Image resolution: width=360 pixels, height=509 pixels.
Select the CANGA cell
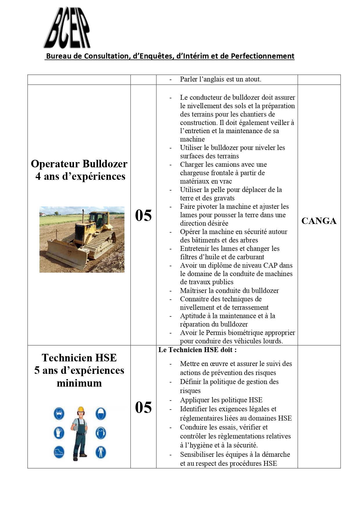coord(319,221)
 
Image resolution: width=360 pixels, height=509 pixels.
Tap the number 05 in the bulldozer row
coord(143,215)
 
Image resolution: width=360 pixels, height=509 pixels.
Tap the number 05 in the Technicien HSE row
coord(143,407)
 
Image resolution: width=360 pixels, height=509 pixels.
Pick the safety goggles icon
coord(59,414)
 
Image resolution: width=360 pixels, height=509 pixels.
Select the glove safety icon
coord(59,433)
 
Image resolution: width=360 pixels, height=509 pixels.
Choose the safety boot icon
coord(59,452)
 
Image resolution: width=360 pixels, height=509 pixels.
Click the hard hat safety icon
coord(101,414)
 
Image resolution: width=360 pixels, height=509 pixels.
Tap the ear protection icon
coord(101,433)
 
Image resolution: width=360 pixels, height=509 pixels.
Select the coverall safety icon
coord(101,452)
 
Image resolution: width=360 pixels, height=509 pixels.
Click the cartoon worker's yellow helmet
coord(81,410)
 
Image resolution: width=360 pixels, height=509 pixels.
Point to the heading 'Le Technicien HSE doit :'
coord(197,350)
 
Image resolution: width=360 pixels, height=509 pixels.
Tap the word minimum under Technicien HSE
coord(79,383)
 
